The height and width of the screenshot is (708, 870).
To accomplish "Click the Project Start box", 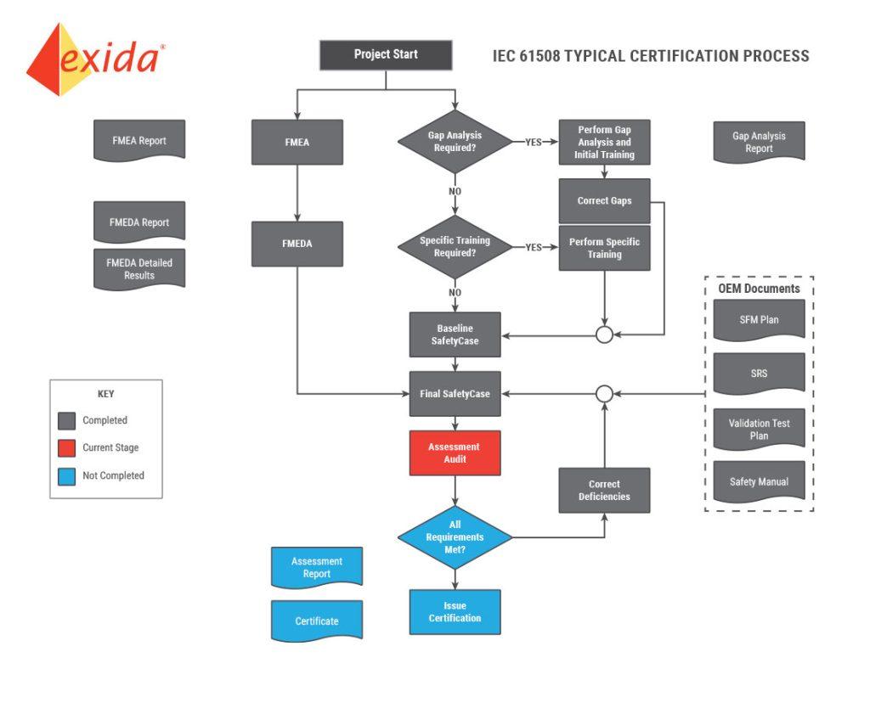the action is pyautogui.click(x=386, y=55).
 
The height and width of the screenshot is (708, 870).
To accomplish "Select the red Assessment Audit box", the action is pyautogui.click(x=455, y=453).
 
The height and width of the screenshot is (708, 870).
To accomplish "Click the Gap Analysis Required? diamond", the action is pyautogui.click(x=455, y=142).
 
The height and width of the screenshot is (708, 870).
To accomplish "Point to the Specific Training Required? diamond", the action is pyautogui.click(x=455, y=247).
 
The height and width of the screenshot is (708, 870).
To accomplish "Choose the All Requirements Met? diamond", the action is pyautogui.click(x=455, y=537).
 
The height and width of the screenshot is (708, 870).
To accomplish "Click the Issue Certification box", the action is pyautogui.click(x=455, y=612).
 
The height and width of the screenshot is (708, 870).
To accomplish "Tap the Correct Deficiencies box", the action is pyautogui.click(x=604, y=490).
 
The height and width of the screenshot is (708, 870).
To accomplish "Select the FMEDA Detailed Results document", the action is pyautogui.click(x=139, y=269).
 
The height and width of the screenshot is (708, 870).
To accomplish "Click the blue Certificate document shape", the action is pyautogui.click(x=317, y=621).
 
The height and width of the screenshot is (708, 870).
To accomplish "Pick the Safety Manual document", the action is pyautogui.click(x=759, y=482).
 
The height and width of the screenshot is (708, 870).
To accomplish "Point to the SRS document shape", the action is pyautogui.click(x=759, y=374).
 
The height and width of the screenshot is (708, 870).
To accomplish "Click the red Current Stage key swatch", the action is pyautogui.click(x=66, y=448).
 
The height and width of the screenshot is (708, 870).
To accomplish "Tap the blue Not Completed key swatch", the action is pyautogui.click(x=66, y=476).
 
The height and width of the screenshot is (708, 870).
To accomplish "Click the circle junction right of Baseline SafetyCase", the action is pyautogui.click(x=604, y=334).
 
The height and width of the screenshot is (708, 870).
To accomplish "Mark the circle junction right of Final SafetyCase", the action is pyautogui.click(x=604, y=394).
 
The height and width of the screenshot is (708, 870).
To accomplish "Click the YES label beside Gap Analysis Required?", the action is pyautogui.click(x=534, y=142).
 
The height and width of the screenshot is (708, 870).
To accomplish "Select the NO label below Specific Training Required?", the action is pyautogui.click(x=455, y=293).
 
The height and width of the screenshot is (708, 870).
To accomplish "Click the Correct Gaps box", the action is pyautogui.click(x=604, y=200).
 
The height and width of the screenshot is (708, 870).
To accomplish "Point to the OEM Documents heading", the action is pyautogui.click(x=759, y=289).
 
